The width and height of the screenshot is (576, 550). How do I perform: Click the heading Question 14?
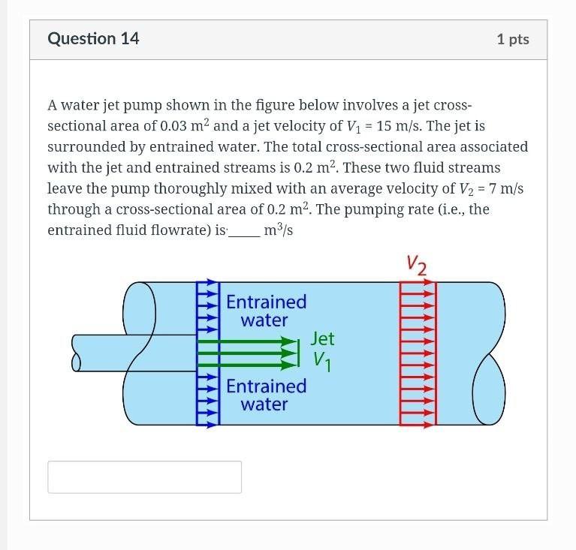93,39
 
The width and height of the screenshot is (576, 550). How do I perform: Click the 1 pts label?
513,40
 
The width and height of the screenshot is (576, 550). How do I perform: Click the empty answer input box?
144,476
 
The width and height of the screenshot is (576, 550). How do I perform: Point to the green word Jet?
322,338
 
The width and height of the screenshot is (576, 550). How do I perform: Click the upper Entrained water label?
266,311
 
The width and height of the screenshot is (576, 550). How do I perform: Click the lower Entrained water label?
266,395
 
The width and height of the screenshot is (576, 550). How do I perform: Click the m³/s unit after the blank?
278,230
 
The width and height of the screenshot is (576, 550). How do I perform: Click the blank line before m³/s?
243,232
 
